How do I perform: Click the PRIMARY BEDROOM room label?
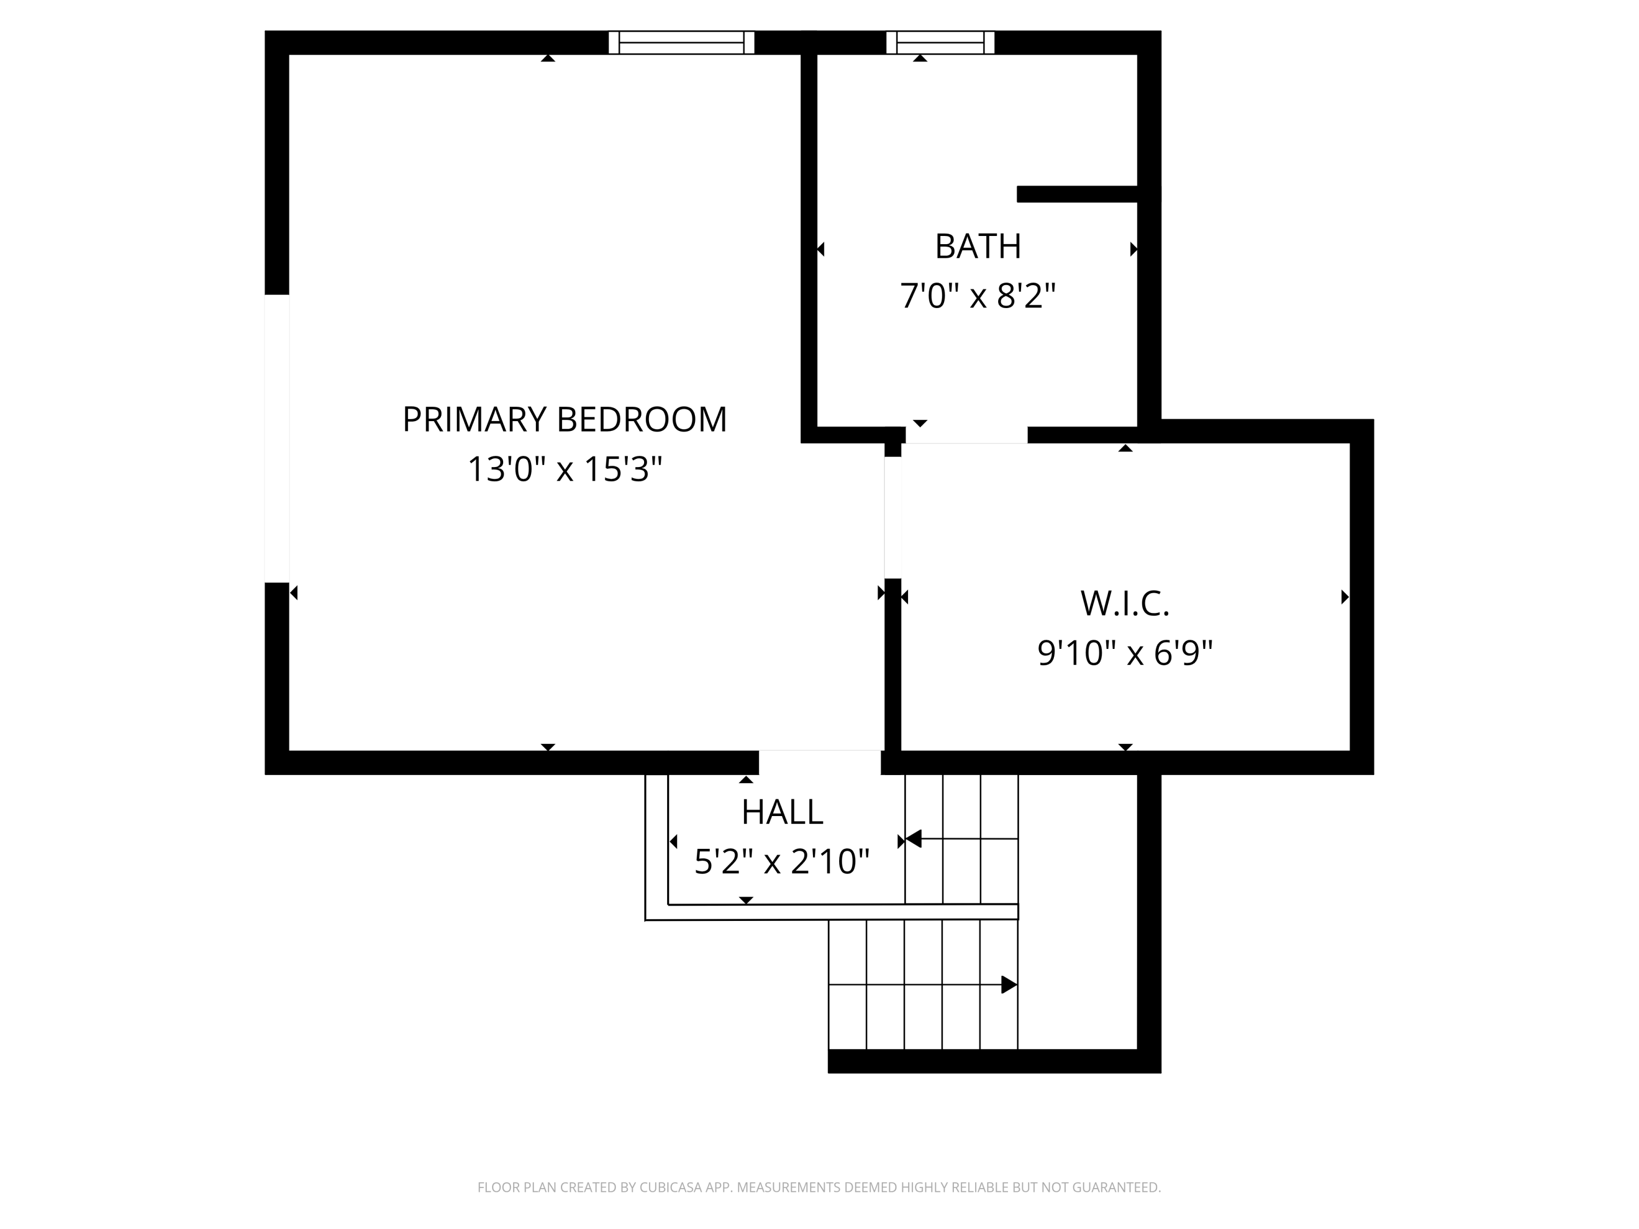pos(564,419)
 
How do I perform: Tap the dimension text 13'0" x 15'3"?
pos(564,469)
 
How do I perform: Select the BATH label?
pos(977,247)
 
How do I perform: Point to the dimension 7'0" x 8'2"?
pos(977,296)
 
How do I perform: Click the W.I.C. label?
pos(1125,603)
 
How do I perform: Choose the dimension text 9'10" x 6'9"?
pos(1125,653)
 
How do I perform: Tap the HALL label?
pos(782,812)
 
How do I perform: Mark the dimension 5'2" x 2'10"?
pos(782,861)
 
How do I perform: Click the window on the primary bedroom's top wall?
pos(681,42)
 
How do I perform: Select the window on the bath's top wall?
pos(940,42)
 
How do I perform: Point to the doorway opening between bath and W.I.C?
pos(966,435)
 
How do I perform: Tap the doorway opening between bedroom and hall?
pos(819,763)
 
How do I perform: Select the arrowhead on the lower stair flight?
pos(1009,984)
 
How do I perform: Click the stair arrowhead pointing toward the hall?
pos(913,838)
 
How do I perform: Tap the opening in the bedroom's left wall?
pos(276,439)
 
